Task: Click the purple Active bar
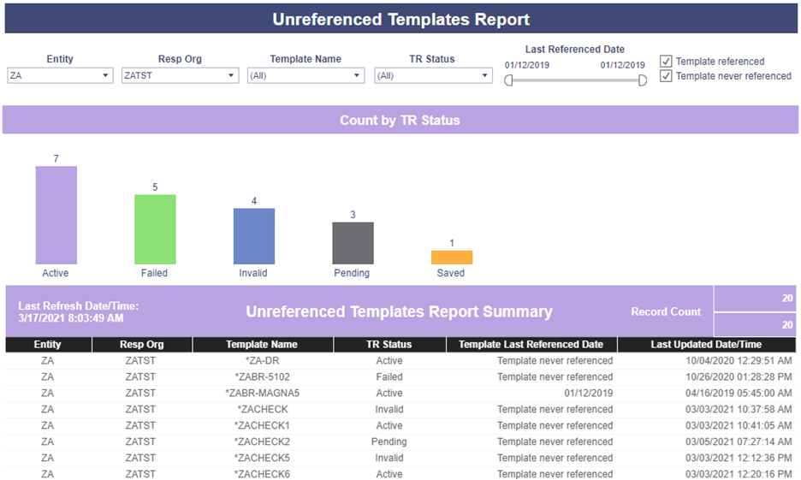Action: (56, 215)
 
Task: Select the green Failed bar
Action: (155, 229)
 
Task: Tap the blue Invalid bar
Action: (254, 236)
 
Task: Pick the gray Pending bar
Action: (353, 243)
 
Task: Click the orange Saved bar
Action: (452, 257)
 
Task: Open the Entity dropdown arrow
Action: (105, 75)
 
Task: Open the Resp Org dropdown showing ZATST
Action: (180, 75)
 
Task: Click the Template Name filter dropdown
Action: (306, 75)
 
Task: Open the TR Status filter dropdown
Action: (433, 75)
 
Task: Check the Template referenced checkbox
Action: (666, 62)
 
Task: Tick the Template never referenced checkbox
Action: (666, 76)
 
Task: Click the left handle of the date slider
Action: (508, 80)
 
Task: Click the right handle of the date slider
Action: (643, 80)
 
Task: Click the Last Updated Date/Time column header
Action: (706, 345)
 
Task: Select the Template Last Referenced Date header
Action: (531, 345)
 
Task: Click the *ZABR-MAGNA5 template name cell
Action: (262, 394)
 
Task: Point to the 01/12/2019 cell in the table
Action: (589, 394)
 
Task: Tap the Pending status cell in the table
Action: (389, 441)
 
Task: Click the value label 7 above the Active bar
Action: (56, 159)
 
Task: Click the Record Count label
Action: (666, 311)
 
